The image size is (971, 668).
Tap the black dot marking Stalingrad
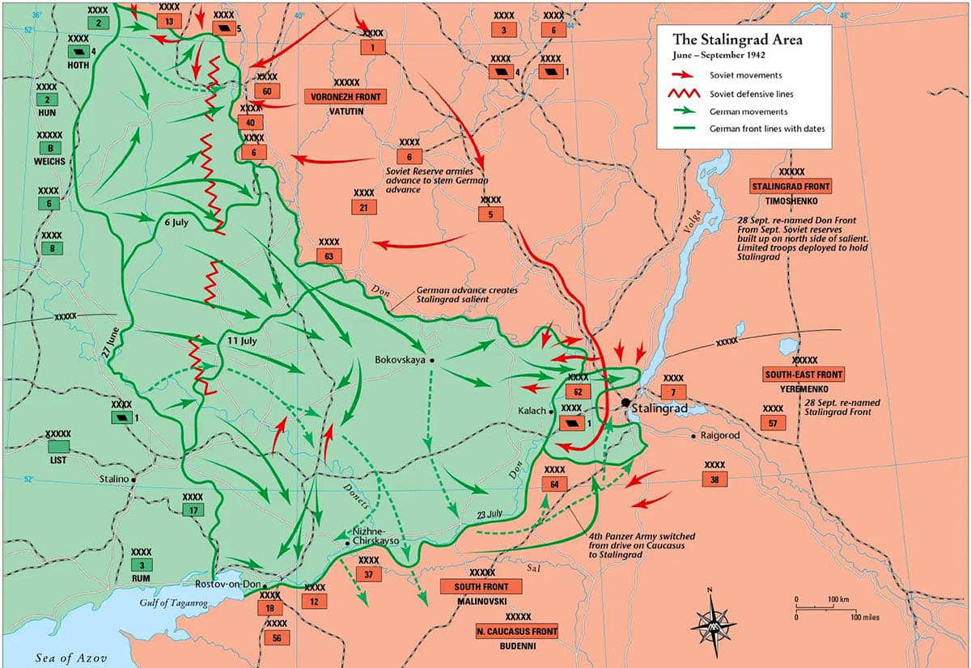point(626,401)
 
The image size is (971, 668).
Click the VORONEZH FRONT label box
point(346,96)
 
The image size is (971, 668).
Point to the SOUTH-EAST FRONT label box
point(804,374)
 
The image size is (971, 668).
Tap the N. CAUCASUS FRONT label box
point(517,632)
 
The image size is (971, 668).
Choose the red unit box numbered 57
point(773,423)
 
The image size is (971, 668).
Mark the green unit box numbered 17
point(193,510)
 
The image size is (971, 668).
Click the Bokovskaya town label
point(401,360)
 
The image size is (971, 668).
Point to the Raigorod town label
point(722,436)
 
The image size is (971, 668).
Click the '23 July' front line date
point(490,514)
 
